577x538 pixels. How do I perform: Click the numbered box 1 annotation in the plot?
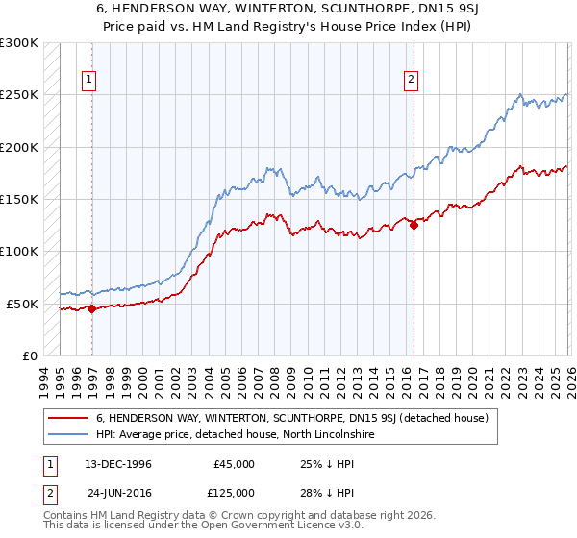point(88,80)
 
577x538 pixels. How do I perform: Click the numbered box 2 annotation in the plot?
point(411,80)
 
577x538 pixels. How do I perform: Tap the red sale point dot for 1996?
point(91,308)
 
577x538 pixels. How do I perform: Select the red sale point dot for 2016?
point(414,226)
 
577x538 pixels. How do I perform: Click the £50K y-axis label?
point(22,304)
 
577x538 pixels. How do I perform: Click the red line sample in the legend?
point(69,418)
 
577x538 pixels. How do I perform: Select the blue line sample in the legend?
point(69,434)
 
